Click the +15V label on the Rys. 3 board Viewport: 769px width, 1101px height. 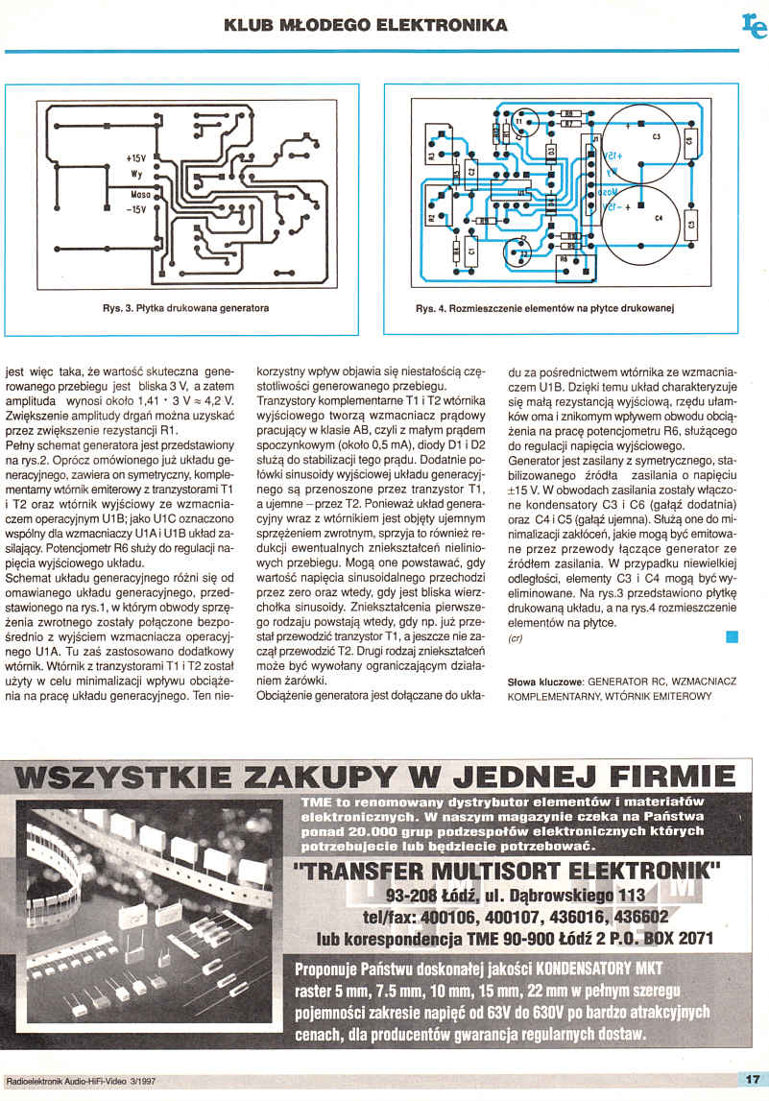coord(134,157)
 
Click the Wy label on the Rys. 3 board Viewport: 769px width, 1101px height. coord(136,174)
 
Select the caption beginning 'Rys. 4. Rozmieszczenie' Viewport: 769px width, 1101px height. coord(546,309)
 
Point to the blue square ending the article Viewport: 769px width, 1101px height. coord(733,636)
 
